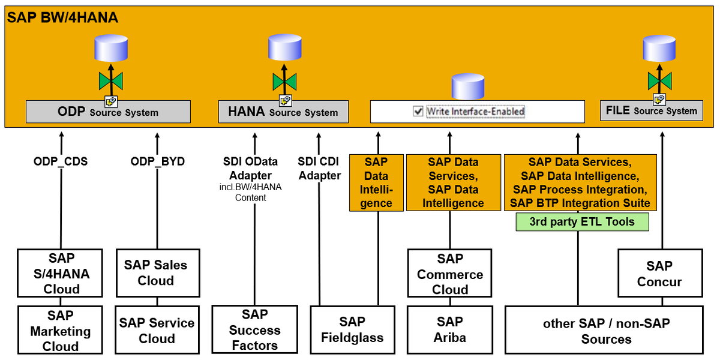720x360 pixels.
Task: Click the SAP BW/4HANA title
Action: click(62, 17)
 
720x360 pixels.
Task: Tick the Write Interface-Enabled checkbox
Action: click(418, 112)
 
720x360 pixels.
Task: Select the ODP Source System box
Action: click(109, 112)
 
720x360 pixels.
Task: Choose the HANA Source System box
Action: click(283, 112)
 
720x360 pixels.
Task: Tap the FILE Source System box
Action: click(652, 110)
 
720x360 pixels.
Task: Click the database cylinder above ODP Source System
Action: click(111, 48)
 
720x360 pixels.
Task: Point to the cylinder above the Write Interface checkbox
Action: click(468, 86)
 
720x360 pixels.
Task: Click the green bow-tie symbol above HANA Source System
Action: click(284, 82)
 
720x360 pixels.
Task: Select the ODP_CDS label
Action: click(61, 161)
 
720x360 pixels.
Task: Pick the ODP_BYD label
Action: click(157, 161)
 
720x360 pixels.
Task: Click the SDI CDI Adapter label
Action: click(319, 169)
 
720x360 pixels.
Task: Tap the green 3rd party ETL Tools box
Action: click(583, 222)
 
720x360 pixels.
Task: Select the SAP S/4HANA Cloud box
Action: click(60, 273)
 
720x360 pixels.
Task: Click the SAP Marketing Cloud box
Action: click(60, 330)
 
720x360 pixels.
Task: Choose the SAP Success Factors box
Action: click(255, 329)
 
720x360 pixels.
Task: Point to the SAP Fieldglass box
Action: click(353, 330)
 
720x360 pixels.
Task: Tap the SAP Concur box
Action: click(660, 273)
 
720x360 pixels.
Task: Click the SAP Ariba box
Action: click(450, 330)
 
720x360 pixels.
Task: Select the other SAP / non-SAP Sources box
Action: click(604, 330)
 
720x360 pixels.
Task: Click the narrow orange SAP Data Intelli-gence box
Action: click(376, 182)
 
